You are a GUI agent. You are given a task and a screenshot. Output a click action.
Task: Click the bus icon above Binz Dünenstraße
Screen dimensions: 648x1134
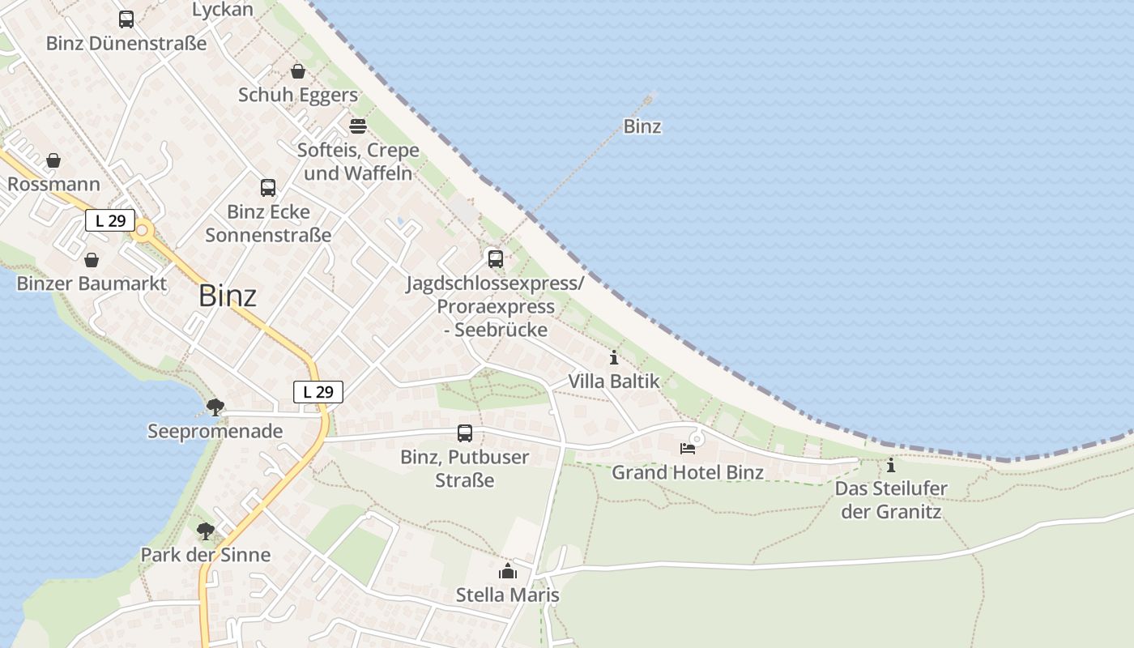[x=126, y=19]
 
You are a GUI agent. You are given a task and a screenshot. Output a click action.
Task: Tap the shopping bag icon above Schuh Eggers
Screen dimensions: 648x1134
[x=298, y=71]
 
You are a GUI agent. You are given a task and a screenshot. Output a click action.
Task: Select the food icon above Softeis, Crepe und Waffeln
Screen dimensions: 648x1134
[x=358, y=126]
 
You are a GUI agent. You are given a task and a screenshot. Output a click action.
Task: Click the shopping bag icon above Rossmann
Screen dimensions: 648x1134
[x=53, y=160]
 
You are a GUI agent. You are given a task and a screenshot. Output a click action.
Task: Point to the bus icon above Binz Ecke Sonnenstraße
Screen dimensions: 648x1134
[x=268, y=188]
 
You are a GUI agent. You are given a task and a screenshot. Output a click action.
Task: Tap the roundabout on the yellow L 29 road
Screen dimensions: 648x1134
[x=143, y=231]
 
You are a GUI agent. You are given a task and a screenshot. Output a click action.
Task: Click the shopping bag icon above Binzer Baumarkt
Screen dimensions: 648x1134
[x=92, y=260]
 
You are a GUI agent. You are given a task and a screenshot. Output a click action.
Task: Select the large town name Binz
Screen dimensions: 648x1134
[x=228, y=296]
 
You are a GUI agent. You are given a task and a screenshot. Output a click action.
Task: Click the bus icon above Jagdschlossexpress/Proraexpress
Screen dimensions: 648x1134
[x=495, y=259]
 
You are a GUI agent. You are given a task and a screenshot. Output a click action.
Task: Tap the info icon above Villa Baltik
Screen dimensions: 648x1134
[x=614, y=357]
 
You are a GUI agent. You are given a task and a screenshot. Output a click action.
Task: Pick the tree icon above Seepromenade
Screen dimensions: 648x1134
[x=215, y=407]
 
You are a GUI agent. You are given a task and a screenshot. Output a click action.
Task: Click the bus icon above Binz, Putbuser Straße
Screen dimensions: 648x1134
[x=465, y=433]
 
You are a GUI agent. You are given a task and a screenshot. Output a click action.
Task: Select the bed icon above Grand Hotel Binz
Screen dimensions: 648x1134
[x=688, y=448]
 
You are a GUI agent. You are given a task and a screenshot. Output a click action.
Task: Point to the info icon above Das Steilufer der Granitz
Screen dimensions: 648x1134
[x=891, y=466]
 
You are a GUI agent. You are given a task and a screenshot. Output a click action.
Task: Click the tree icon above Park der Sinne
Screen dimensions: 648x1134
[x=206, y=531]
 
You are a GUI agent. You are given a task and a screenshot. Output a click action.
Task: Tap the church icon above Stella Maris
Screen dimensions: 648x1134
[x=508, y=571]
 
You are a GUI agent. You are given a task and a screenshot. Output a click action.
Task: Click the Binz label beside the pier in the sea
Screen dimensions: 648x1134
[x=642, y=126]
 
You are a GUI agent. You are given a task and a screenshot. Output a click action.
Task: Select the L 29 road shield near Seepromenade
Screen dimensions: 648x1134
[x=318, y=392]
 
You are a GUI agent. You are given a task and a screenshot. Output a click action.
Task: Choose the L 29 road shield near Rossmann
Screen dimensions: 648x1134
[x=110, y=220]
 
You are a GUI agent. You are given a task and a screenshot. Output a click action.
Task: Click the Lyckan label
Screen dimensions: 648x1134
[x=223, y=10]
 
